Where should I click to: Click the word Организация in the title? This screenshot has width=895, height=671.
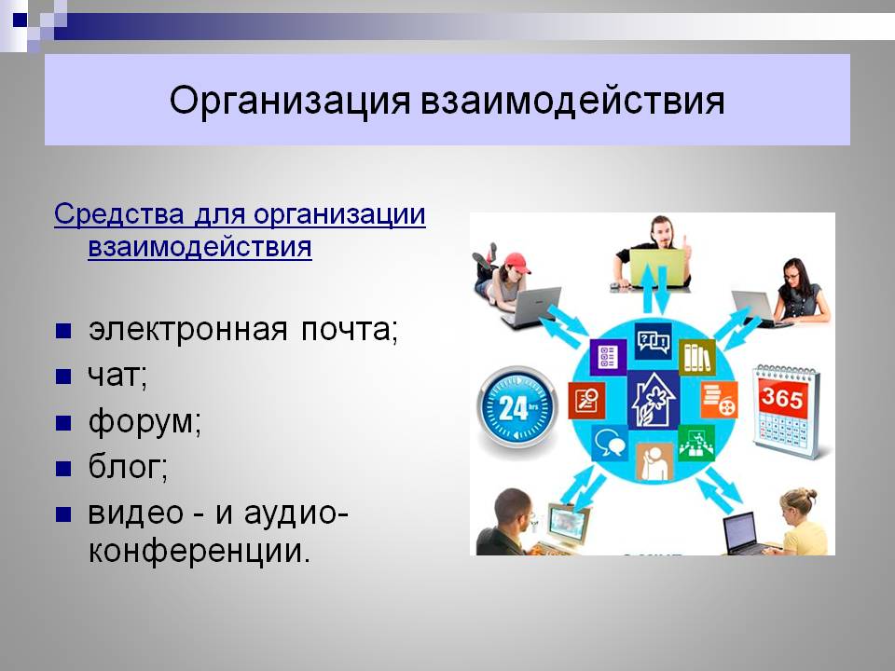pos(290,101)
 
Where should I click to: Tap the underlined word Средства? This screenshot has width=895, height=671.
pos(119,214)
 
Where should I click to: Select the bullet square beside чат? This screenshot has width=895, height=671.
pos(63,377)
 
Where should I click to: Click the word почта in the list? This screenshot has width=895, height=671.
pos(349,330)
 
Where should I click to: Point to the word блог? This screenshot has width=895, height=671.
pos(128,467)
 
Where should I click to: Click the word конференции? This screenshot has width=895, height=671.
pos(200,550)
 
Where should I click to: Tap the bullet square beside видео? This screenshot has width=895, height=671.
pos(63,514)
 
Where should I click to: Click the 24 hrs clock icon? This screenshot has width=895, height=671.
pos(517,408)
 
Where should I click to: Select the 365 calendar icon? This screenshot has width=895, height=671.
pos(786,412)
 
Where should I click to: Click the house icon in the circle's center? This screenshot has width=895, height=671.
pos(654,401)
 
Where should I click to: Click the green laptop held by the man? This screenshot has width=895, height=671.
pos(657,267)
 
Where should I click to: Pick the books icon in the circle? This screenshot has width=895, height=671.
pos(697,356)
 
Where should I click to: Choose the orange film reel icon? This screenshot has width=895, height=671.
pos(719,400)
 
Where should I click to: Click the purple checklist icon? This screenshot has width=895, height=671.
pos(607,357)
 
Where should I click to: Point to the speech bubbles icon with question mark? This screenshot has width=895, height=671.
pos(654,341)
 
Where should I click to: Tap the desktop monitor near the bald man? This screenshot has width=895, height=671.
pos(568,524)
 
